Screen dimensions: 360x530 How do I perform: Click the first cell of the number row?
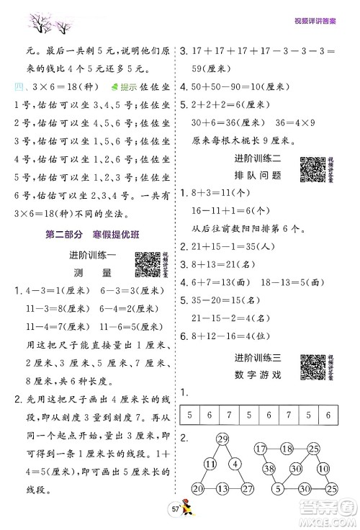(x=189, y=395)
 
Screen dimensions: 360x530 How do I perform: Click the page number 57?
(x=175, y=510)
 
